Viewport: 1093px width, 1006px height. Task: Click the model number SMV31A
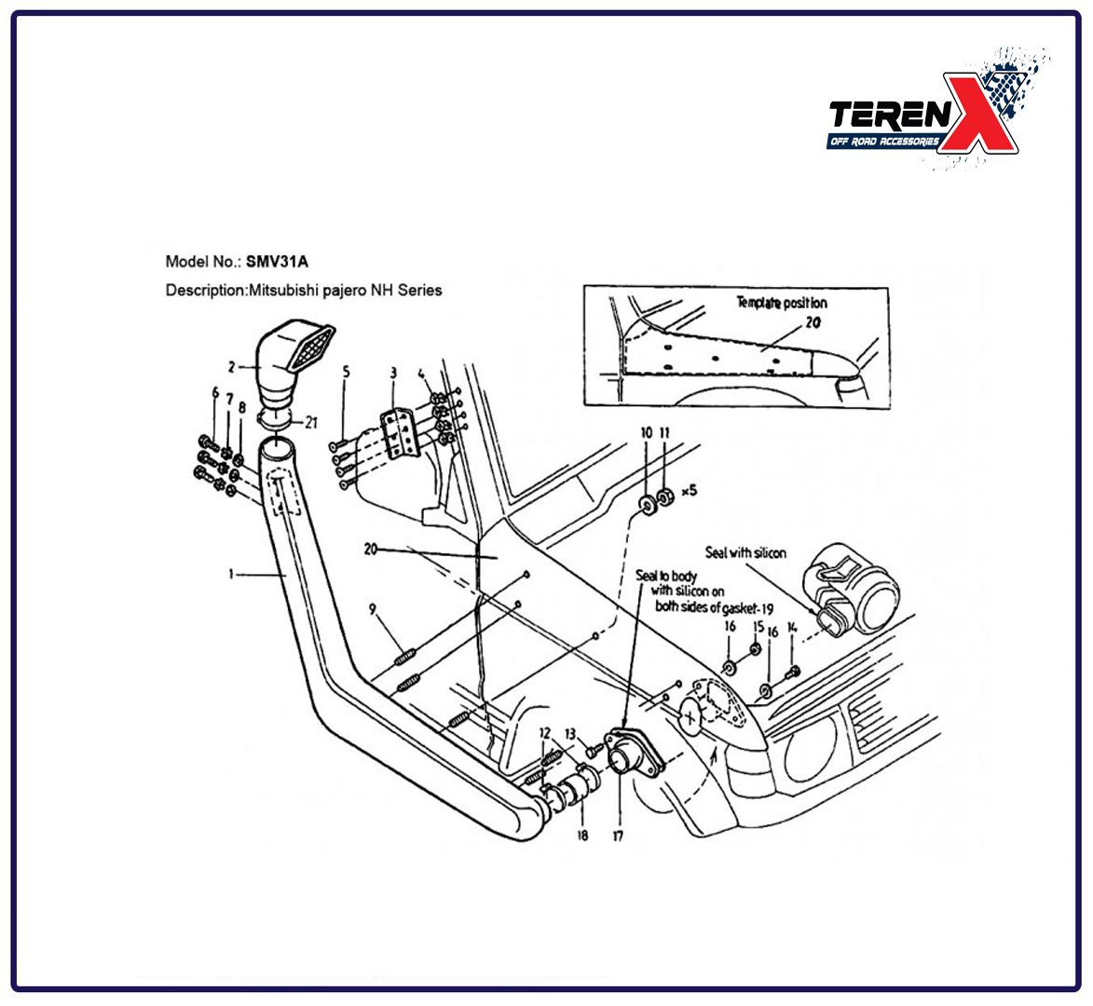(277, 262)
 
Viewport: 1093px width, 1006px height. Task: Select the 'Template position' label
(782, 303)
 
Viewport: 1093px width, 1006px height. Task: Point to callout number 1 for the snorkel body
(231, 574)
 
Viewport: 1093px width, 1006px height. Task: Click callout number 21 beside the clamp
(311, 422)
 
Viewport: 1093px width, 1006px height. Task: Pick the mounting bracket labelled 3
(399, 433)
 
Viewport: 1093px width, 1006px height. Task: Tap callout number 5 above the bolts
(346, 372)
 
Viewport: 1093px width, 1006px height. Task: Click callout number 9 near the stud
(372, 609)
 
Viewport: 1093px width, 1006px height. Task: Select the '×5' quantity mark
(689, 491)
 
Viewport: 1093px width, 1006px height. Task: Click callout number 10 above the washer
(646, 432)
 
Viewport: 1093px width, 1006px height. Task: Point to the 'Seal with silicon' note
(745, 552)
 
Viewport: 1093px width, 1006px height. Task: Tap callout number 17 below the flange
(618, 836)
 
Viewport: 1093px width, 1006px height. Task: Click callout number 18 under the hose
(582, 835)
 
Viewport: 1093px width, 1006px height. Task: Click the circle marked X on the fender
(691, 714)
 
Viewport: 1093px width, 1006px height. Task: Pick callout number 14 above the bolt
(792, 627)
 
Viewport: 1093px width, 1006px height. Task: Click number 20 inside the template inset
(813, 322)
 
